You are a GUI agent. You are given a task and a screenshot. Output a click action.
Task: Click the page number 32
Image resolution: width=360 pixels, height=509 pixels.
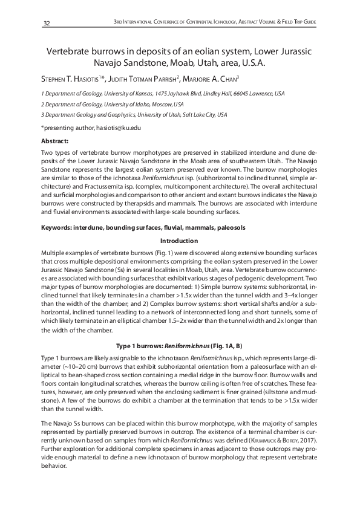pyautogui.click(x=46, y=23)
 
